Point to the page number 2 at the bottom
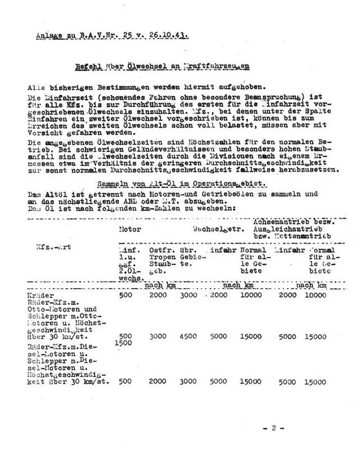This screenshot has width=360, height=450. (273, 428)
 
